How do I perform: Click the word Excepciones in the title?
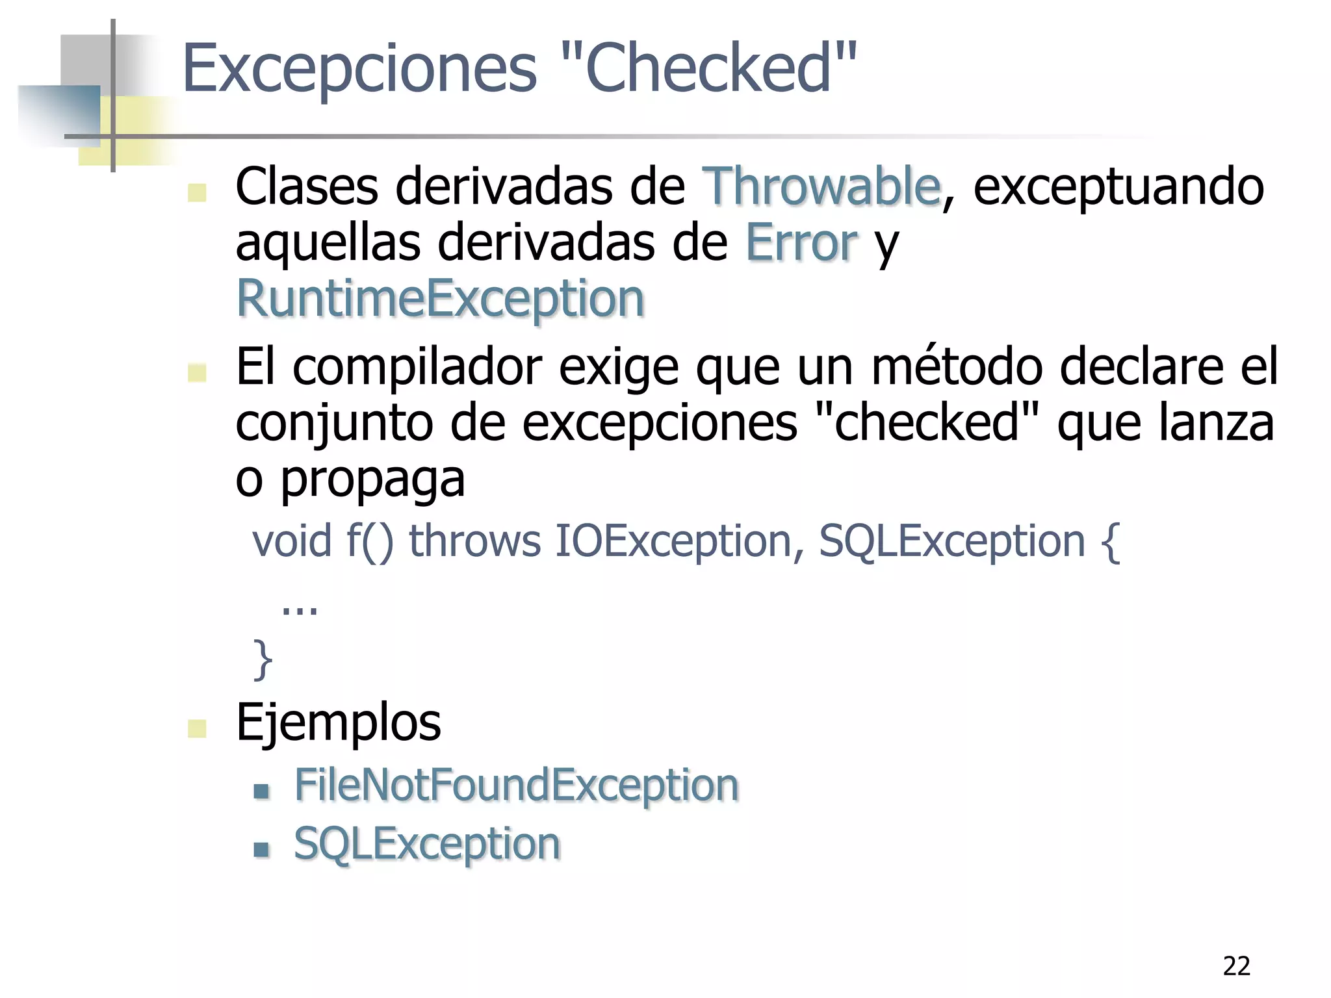click(360, 69)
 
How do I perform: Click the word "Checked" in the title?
click(708, 68)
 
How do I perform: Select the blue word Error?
click(801, 243)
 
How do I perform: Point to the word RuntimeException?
click(440, 299)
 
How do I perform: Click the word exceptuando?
click(1118, 187)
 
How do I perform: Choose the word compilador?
click(417, 368)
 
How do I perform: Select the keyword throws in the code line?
click(474, 541)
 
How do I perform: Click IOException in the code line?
click(672, 541)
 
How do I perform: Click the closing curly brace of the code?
click(263, 659)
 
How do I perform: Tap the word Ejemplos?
click(338, 723)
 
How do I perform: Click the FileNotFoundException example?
click(517, 786)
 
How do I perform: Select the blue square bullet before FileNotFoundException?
click(261, 791)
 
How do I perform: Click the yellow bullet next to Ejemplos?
click(197, 728)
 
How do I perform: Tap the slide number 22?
click(1236, 967)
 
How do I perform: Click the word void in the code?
click(292, 541)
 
